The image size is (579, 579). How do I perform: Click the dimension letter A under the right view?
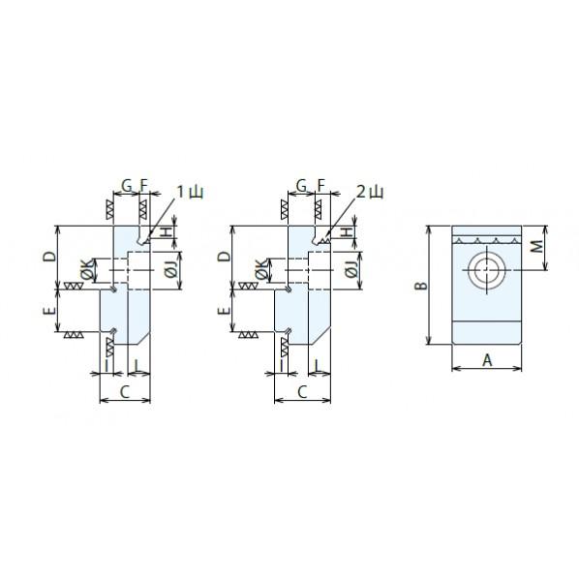[x=487, y=359]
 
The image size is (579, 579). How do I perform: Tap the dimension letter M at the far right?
[x=537, y=246]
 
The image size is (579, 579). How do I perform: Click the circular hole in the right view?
[x=487, y=270]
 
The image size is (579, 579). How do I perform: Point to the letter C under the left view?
[x=125, y=392]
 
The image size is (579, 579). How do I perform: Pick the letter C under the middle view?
[x=302, y=392]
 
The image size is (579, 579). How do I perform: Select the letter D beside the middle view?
[x=224, y=256]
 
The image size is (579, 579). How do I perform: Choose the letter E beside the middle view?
[x=224, y=310]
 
